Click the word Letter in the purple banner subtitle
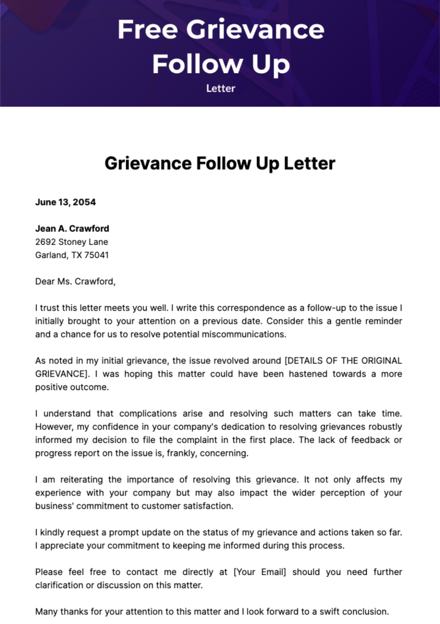[221, 88]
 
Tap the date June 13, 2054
[65, 202]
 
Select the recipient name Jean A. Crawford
[72, 228]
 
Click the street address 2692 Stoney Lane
[71, 242]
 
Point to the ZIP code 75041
[96, 255]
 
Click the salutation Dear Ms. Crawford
[75, 281]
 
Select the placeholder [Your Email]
[260, 572]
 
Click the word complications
[148, 413]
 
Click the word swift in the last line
[330, 612]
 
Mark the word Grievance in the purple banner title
[255, 29]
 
